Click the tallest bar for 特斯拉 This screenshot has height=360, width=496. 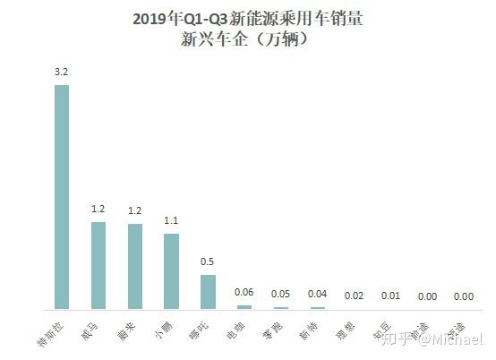[61, 197]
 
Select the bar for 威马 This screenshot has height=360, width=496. [98, 265]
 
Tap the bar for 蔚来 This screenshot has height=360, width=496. [134, 266]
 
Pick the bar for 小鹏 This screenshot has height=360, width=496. [171, 271]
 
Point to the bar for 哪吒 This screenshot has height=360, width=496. [208, 292]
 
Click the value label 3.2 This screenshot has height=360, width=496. [61, 72]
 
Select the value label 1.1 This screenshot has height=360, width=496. [171, 220]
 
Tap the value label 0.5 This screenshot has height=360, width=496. [208, 261]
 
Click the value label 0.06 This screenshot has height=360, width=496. [244, 292]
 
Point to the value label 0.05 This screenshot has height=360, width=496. [281, 293]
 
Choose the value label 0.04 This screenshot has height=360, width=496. [318, 294]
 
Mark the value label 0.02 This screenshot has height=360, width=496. [355, 296]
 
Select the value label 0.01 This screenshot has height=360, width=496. [391, 296]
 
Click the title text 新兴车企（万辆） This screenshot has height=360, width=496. [248, 39]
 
